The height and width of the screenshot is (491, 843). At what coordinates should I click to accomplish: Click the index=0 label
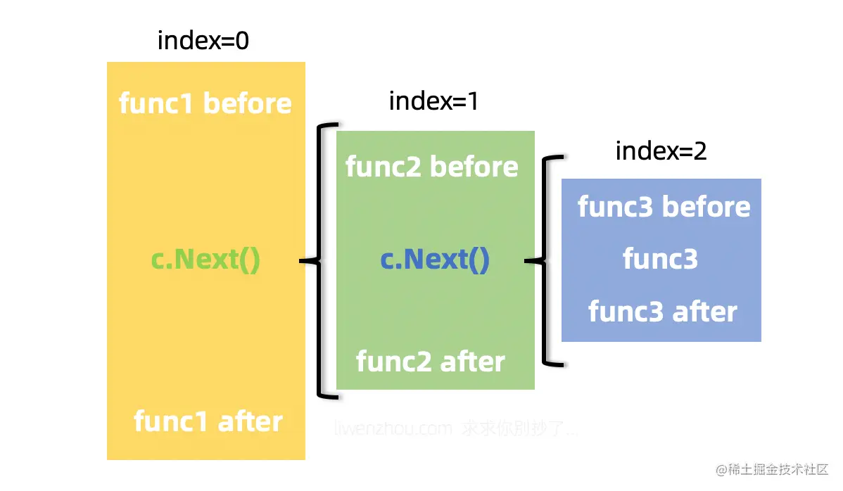203,41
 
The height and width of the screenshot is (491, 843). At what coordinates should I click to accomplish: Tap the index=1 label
433,101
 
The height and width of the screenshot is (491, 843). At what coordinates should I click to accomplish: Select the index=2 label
661,151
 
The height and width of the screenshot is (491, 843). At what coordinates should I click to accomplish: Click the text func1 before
205,103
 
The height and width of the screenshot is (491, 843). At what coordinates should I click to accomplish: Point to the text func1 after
208,421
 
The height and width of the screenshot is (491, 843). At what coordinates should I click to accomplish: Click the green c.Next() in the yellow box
205,260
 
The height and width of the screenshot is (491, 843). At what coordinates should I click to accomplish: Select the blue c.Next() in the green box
434,260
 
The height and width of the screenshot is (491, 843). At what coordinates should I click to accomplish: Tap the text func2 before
431,167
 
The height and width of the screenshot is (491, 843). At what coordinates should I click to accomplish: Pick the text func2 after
430,362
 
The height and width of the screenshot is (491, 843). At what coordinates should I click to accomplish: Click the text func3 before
664,207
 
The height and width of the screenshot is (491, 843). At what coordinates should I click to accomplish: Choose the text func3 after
662,312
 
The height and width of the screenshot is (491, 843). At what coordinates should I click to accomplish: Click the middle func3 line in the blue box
660,260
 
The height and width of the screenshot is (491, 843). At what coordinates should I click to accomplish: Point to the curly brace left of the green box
321,261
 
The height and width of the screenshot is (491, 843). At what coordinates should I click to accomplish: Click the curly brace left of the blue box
546,261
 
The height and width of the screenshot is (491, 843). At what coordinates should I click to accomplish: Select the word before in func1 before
247,103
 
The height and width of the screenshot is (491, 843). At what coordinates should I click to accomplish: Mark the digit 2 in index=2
699,151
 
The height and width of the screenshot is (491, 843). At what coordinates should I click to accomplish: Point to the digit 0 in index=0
241,41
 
